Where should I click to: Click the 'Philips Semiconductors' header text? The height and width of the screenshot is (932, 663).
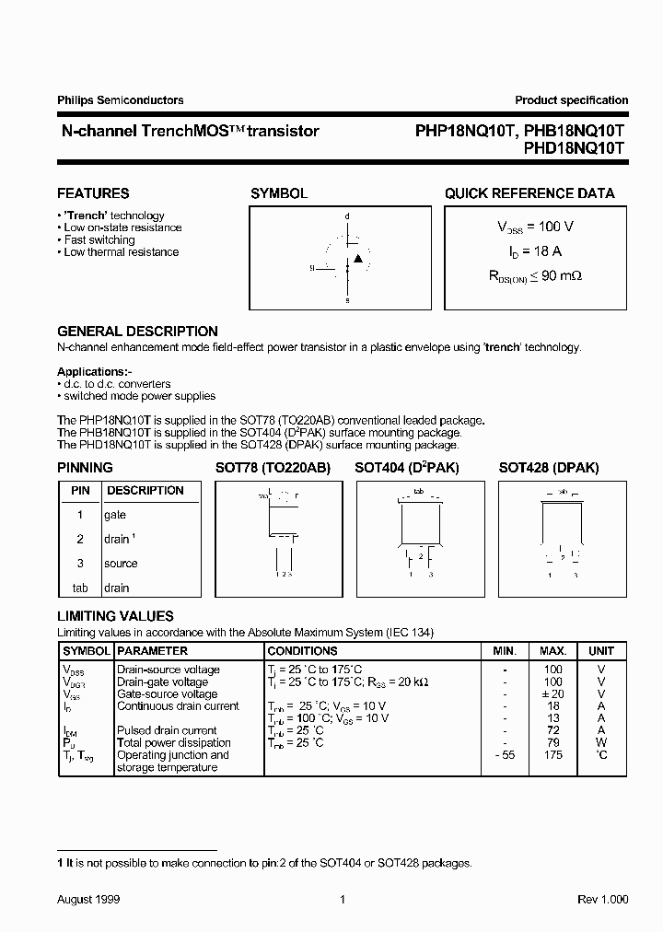pyautogui.click(x=121, y=100)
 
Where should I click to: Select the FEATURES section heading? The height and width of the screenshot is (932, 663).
pyautogui.click(x=93, y=193)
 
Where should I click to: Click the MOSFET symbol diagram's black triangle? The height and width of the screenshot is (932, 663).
pyautogui.click(x=358, y=258)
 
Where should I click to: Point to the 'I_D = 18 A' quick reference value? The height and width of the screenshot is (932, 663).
pyautogui.click(x=529, y=250)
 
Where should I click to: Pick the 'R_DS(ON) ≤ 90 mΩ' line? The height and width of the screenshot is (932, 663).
pyautogui.click(x=535, y=274)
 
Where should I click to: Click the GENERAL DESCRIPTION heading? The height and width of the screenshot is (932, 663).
pyautogui.click(x=137, y=332)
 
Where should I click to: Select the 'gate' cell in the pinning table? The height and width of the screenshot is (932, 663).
pyautogui.click(x=115, y=515)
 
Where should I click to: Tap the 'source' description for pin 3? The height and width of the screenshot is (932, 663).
pyautogui.click(x=121, y=563)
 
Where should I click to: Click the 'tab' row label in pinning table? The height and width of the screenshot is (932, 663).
pyautogui.click(x=80, y=588)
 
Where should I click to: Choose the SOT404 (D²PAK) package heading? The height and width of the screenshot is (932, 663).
pyautogui.click(x=407, y=468)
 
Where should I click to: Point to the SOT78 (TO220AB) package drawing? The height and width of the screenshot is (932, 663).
pyautogui.click(x=279, y=539)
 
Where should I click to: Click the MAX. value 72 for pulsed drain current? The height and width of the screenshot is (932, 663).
pyautogui.click(x=552, y=730)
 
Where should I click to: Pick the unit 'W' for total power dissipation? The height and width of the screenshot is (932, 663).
pyautogui.click(x=601, y=742)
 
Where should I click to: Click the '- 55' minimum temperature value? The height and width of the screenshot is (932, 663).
pyautogui.click(x=505, y=755)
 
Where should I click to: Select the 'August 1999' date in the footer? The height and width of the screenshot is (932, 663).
pyautogui.click(x=88, y=899)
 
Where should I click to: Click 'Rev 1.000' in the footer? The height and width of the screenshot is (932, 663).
pyautogui.click(x=603, y=899)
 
